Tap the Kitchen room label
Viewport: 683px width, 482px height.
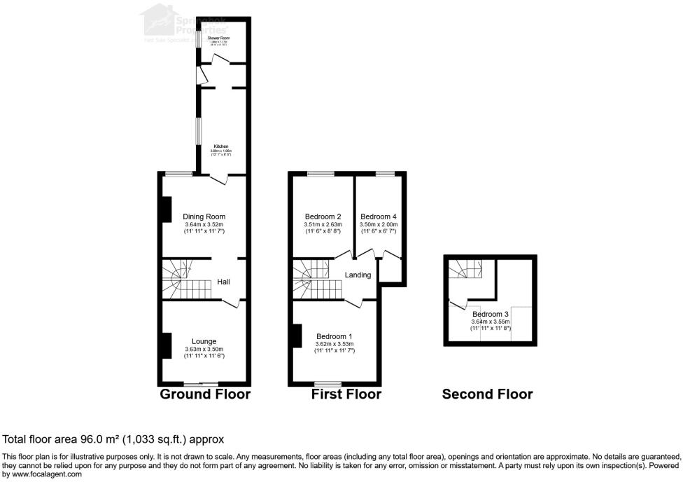[x=221, y=146]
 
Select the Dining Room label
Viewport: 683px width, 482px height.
[x=204, y=216]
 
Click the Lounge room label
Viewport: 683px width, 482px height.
[x=204, y=341]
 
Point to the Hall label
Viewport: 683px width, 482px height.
[x=223, y=282]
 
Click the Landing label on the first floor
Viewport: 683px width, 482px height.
[x=358, y=275]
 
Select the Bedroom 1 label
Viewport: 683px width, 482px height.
[x=335, y=336]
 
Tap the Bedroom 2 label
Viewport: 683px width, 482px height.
[x=323, y=216]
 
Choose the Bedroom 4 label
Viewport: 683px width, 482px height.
[x=379, y=216]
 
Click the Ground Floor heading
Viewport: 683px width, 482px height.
[x=205, y=394]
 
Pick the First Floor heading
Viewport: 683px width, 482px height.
[x=346, y=394]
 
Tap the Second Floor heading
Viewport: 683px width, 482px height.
[x=487, y=394]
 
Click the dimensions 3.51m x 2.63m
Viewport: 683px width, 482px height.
[x=323, y=224]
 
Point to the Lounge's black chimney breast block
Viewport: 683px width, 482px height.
[x=167, y=345]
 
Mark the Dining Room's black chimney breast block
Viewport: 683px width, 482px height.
[x=167, y=209]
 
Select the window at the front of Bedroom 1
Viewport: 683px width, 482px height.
[x=328, y=383]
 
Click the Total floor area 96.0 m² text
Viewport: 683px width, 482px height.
[x=113, y=439]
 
